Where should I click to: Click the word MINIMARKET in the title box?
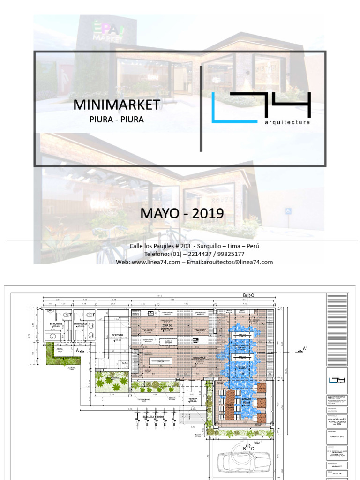tap(117, 105)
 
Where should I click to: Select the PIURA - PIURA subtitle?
tap(117, 119)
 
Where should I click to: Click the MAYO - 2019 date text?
tap(182, 214)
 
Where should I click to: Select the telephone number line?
tap(194, 254)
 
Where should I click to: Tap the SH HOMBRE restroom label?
tap(56, 323)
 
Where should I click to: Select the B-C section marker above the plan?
tap(248, 295)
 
